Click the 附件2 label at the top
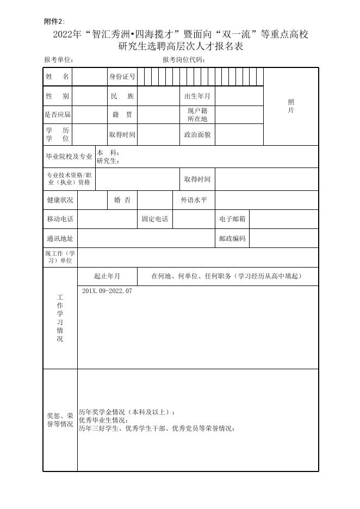pyautogui.click(x=54, y=21)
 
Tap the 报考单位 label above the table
pyautogui.click(x=59, y=60)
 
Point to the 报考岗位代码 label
pyautogui.click(x=184, y=60)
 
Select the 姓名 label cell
pyautogui.click(x=58, y=77)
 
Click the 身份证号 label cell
pyautogui.click(x=122, y=77)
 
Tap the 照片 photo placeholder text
pyautogui.click(x=291, y=107)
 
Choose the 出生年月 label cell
pyautogui.click(x=197, y=96)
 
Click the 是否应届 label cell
pyautogui.click(x=58, y=115)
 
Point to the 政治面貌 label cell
pyautogui.click(x=197, y=135)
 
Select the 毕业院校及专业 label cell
pyautogui.click(x=69, y=157)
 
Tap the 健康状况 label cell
pyautogui.click(x=60, y=200)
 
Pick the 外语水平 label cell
pyautogui.click(x=194, y=200)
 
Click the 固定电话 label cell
pyautogui.click(x=155, y=219)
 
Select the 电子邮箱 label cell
pyautogui.click(x=232, y=219)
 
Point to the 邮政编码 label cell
pyautogui.click(x=232, y=239)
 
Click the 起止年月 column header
pyautogui.click(x=107, y=276)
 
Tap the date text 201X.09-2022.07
pyautogui.click(x=107, y=291)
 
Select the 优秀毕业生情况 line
pyautogui.click(x=103, y=420)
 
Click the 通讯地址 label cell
pyautogui.click(x=60, y=239)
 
